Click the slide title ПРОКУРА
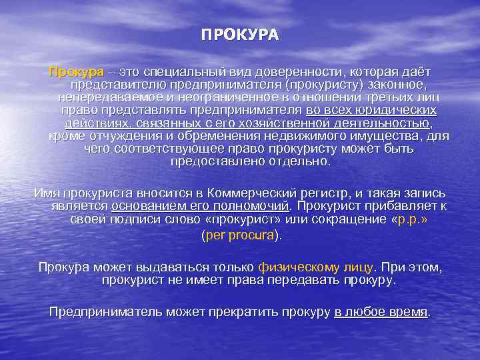[240, 35]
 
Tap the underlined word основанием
[148, 206]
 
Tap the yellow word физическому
[303, 267]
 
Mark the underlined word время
[407, 312]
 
